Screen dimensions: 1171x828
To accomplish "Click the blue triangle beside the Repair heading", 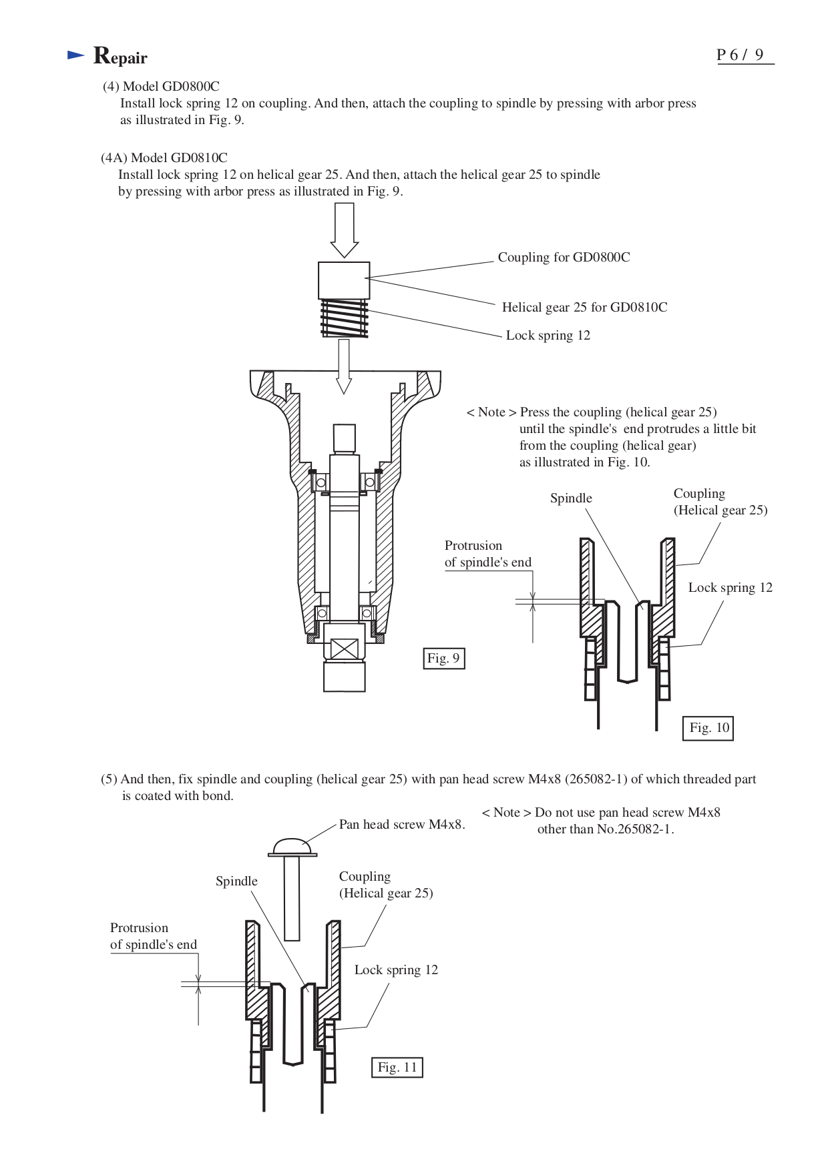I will coord(75,56).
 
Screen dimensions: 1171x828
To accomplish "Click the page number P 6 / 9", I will coord(741,55).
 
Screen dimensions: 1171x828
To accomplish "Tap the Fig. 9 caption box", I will coord(443,659).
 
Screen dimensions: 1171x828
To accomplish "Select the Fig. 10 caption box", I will coord(708,728).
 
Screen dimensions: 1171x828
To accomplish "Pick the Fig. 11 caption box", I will coord(397,1068).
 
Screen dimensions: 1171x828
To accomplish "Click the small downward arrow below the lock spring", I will coord(344,366).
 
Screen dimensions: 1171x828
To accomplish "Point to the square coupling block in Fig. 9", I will coord(344,280).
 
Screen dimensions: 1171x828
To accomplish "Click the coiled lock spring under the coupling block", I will coord(345,318).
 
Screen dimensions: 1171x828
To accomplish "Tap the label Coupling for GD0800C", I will coord(564,258).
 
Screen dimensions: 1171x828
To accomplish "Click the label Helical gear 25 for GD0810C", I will coord(584,308).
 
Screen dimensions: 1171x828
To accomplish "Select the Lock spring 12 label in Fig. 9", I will coord(548,336).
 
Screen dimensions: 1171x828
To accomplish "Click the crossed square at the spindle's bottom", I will coord(345,649).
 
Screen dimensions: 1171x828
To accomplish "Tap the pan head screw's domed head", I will coord(292,847).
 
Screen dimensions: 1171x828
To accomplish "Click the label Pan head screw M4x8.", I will coord(401,825).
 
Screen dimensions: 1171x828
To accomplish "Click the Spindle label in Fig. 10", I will coord(571,498).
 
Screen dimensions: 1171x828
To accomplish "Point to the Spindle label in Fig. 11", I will coord(236,881).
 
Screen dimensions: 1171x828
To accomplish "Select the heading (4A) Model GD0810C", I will coord(164,158).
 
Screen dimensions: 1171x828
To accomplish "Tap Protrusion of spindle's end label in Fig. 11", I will coord(153,936).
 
